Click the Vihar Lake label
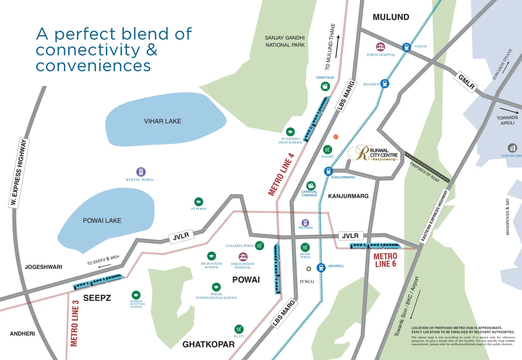(x=163, y=121)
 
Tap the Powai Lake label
(x=102, y=221)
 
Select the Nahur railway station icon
(x=406, y=47)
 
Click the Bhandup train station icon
(x=385, y=84)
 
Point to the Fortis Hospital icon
(x=380, y=47)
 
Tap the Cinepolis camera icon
(x=325, y=86)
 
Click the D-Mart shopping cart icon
(x=328, y=150)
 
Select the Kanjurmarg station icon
(x=328, y=171)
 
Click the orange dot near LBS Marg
(x=336, y=137)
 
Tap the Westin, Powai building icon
(x=141, y=172)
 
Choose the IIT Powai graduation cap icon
(x=199, y=202)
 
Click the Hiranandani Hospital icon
(x=243, y=257)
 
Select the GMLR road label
(x=467, y=82)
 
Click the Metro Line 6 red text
(x=385, y=260)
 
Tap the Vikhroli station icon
(x=321, y=268)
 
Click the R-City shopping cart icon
(x=239, y=329)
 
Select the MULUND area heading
(x=391, y=17)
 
